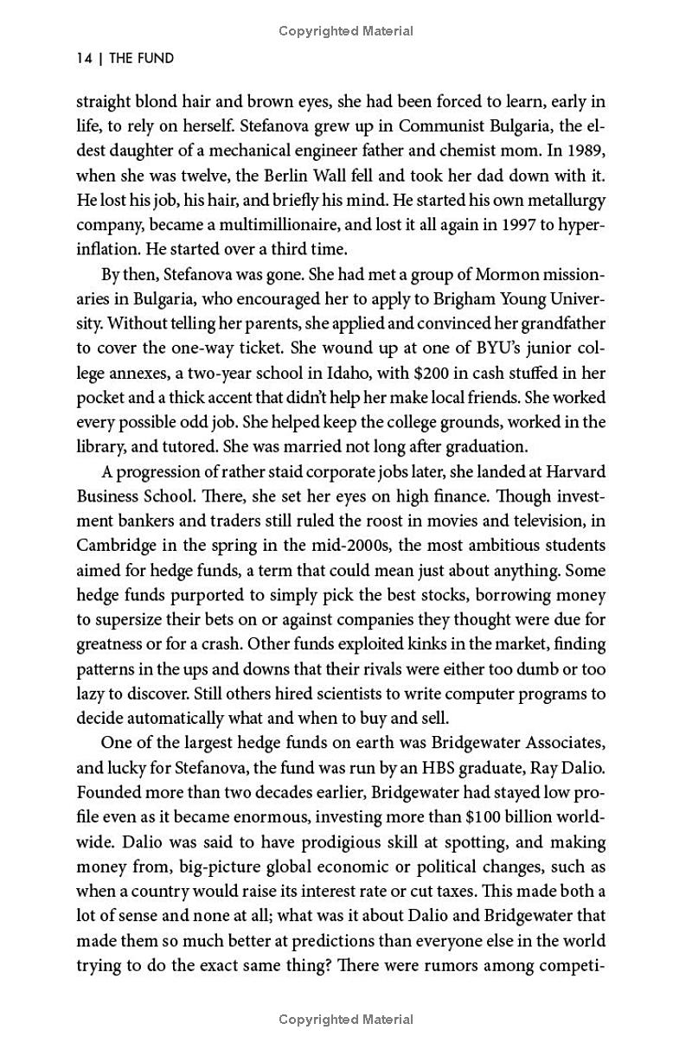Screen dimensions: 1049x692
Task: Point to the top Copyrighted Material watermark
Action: pos(346,31)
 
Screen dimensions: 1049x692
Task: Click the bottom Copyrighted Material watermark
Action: pos(346,1020)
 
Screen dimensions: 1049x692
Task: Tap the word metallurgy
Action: pos(565,201)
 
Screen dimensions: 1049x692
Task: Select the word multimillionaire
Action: pos(255,226)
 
